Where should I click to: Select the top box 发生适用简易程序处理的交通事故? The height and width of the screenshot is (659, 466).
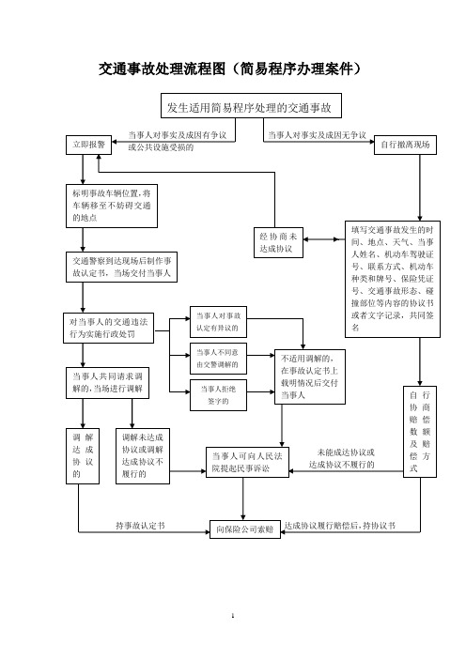[x=251, y=105]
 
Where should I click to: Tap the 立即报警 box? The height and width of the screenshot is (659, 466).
[x=88, y=145]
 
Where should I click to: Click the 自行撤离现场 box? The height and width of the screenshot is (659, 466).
[x=406, y=145]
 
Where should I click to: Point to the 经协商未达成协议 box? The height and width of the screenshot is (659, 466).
[x=278, y=242]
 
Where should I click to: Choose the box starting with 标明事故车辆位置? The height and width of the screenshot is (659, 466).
[x=112, y=206]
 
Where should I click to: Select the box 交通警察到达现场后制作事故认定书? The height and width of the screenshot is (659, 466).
[x=121, y=267]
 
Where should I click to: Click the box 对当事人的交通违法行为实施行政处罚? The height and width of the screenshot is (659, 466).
[x=108, y=329]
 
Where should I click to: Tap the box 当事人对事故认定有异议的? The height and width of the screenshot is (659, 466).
[x=218, y=322]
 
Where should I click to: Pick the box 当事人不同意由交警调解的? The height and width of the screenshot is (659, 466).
[x=218, y=359]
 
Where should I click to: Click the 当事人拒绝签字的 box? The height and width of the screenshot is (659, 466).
[x=218, y=395]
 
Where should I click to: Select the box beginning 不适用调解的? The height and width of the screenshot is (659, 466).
[x=310, y=377]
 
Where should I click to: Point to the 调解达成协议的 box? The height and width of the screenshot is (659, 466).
[x=83, y=456]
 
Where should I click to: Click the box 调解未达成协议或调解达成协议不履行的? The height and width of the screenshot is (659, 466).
[x=143, y=456]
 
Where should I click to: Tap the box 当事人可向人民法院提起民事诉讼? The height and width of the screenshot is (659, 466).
[x=247, y=462]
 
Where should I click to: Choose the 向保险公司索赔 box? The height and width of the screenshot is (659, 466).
[x=245, y=529]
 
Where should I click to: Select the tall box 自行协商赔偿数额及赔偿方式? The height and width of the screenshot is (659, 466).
[x=420, y=432]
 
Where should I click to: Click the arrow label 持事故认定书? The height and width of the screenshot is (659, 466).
[x=141, y=526]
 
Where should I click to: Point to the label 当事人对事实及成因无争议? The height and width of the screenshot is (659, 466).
[x=318, y=135]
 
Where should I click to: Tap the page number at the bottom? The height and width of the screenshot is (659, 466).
[x=233, y=616]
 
